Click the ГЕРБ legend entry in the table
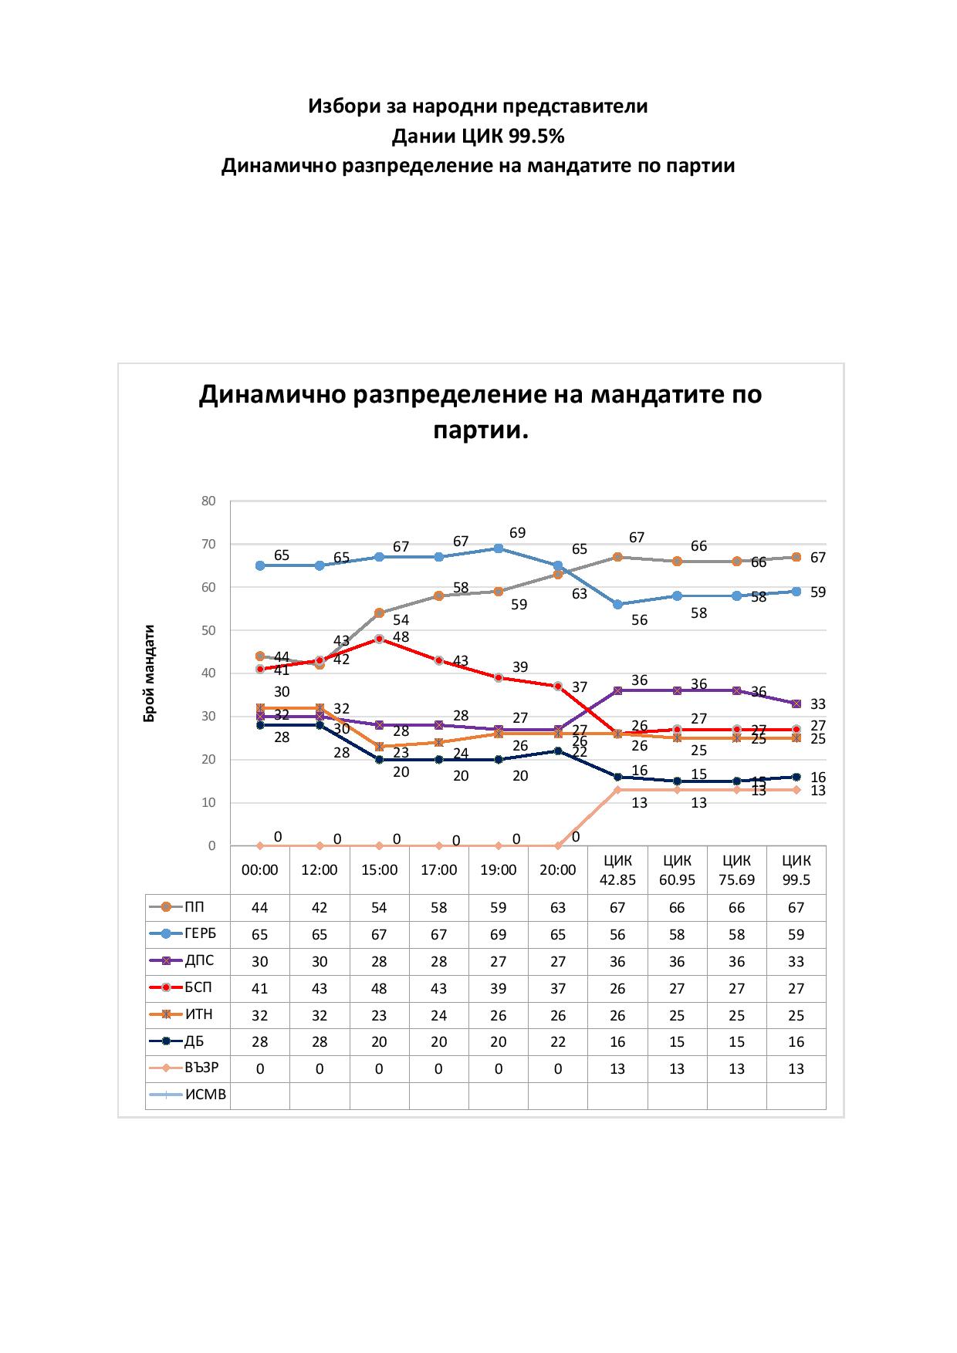click(200, 934)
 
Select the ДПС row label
click(199, 961)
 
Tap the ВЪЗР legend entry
click(201, 1068)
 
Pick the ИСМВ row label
click(205, 1095)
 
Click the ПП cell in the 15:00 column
click(379, 908)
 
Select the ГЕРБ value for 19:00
click(499, 935)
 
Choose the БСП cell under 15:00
click(379, 988)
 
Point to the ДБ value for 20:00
click(558, 1042)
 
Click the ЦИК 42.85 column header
click(617, 870)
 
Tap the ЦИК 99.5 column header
click(796, 870)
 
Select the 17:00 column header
click(438, 870)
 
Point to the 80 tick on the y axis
click(208, 501)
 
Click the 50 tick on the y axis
click(208, 630)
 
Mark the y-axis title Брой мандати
click(150, 673)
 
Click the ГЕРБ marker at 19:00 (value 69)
click(499, 548)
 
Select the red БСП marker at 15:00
click(379, 639)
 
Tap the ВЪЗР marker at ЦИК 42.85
click(617, 790)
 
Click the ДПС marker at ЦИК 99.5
click(796, 703)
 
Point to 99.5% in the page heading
click(536, 137)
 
